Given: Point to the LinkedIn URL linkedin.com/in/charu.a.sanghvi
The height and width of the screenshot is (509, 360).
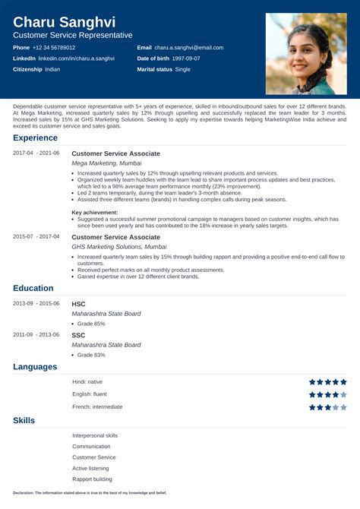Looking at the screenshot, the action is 76,58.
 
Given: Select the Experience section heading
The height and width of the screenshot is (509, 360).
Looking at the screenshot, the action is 35,138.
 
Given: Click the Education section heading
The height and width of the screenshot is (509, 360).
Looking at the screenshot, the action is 33,288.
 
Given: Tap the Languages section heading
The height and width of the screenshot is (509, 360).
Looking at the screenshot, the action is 35,367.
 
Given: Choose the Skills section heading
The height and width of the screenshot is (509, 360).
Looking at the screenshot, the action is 24,420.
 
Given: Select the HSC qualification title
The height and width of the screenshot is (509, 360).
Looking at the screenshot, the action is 79,303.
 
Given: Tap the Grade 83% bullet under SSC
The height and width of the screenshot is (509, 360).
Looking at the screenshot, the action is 91,355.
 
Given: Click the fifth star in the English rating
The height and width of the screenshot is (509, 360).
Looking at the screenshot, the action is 343,395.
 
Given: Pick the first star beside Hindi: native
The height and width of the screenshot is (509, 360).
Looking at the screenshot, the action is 312,382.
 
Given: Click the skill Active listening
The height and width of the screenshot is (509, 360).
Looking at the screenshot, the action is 91,469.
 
